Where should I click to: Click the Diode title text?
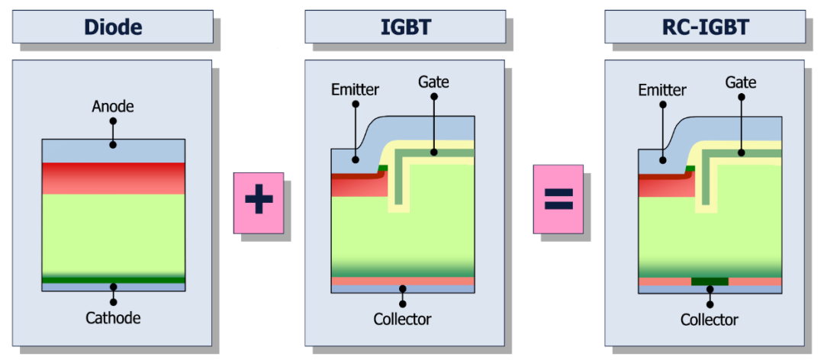(113, 28)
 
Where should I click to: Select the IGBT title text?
(405, 28)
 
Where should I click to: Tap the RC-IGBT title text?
(704, 28)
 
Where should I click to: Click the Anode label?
(113, 107)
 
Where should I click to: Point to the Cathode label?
(113, 317)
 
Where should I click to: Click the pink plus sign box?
(259, 202)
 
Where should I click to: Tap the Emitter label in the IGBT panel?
(355, 90)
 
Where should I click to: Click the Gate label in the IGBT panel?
(433, 82)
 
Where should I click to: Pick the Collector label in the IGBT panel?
(402, 319)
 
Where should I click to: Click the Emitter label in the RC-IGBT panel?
(661, 90)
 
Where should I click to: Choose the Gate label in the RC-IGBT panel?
(741, 82)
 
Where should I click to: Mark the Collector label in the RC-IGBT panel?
(709, 320)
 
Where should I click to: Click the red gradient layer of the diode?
(113, 178)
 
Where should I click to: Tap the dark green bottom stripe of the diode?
(113, 280)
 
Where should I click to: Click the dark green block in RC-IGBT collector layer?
(710, 281)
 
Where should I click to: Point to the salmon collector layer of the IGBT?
(366, 281)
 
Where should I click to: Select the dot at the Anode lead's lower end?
(113, 144)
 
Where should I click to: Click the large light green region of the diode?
(113, 233)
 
